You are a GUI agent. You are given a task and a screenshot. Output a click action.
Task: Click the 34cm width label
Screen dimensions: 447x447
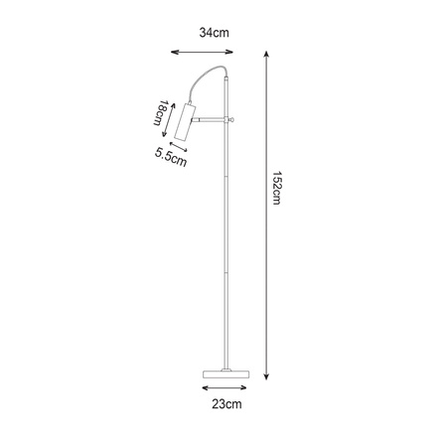(x=216, y=33)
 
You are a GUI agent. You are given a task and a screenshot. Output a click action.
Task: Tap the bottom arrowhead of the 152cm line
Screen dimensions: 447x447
(x=268, y=377)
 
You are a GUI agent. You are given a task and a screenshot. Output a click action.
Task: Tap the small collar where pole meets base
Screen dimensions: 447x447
(x=227, y=365)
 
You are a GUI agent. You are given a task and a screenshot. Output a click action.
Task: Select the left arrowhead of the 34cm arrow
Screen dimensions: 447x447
(x=172, y=54)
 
